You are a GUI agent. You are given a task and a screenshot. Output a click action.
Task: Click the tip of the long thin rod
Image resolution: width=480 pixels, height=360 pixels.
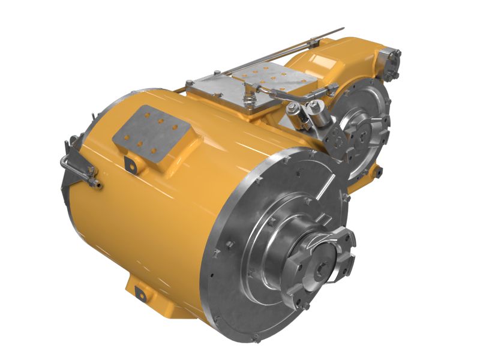click(342, 29)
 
